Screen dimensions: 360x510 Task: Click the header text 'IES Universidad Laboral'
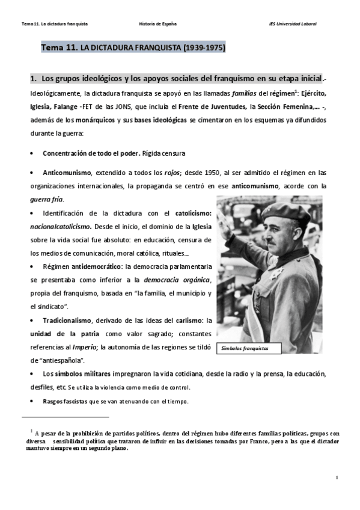click(x=293, y=23)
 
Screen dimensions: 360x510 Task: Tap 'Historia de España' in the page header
click(x=157, y=23)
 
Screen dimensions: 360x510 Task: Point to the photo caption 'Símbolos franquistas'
click(x=244, y=348)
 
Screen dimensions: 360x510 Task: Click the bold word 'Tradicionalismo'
click(x=67, y=320)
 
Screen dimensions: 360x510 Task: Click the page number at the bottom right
click(x=338, y=477)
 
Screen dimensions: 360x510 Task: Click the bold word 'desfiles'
click(x=41, y=387)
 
